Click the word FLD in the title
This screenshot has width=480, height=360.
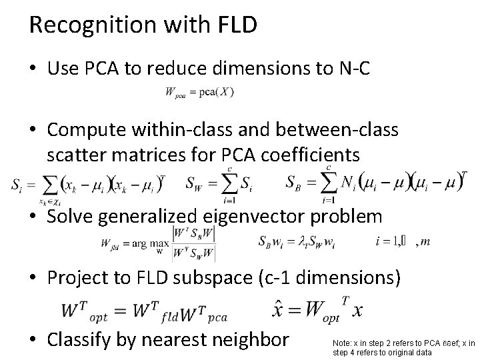coord(236,25)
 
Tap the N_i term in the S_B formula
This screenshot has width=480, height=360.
coord(348,183)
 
